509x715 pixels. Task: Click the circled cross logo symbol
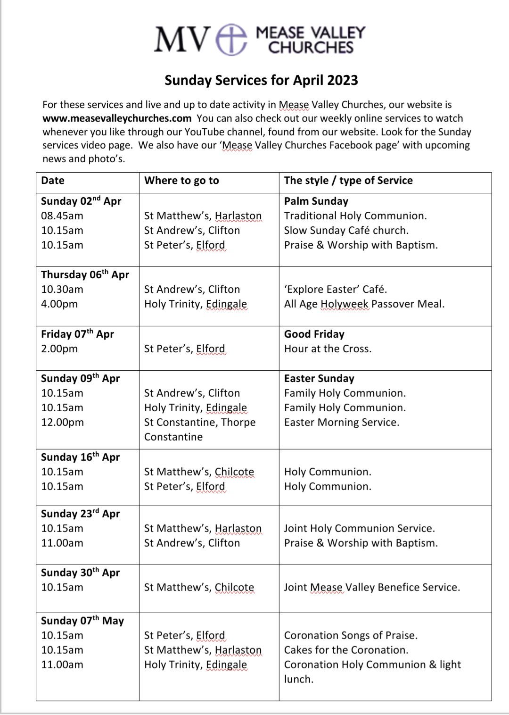pyautogui.click(x=231, y=40)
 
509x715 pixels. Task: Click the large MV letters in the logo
pyautogui.click(x=182, y=40)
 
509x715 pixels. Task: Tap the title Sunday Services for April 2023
pyautogui.click(x=261, y=80)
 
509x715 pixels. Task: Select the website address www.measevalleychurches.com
pyautogui.click(x=117, y=118)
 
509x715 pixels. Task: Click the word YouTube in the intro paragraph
pyautogui.click(x=207, y=132)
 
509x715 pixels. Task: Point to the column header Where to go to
pyautogui.click(x=181, y=181)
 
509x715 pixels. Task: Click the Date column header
pyautogui.click(x=53, y=181)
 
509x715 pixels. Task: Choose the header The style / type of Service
pyautogui.click(x=348, y=181)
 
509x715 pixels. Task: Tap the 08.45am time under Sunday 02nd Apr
pyautogui.click(x=62, y=216)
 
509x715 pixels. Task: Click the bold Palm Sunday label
pyautogui.click(x=316, y=201)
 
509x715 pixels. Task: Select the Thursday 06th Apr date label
pyautogui.click(x=85, y=275)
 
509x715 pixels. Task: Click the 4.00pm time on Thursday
pyautogui.click(x=59, y=304)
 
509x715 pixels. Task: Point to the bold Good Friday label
pyautogui.click(x=314, y=334)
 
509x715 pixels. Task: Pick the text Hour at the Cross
pyautogui.click(x=328, y=349)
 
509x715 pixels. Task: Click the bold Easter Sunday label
pyautogui.click(x=319, y=379)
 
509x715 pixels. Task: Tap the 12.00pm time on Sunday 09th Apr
pyautogui.click(x=63, y=423)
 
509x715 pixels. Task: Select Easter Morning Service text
pyautogui.click(x=342, y=423)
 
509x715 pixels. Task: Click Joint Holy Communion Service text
pyautogui.click(x=360, y=529)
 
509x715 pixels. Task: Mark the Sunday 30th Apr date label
pyautogui.click(x=81, y=573)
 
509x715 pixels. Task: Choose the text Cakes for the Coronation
pyautogui.click(x=346, y=650)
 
